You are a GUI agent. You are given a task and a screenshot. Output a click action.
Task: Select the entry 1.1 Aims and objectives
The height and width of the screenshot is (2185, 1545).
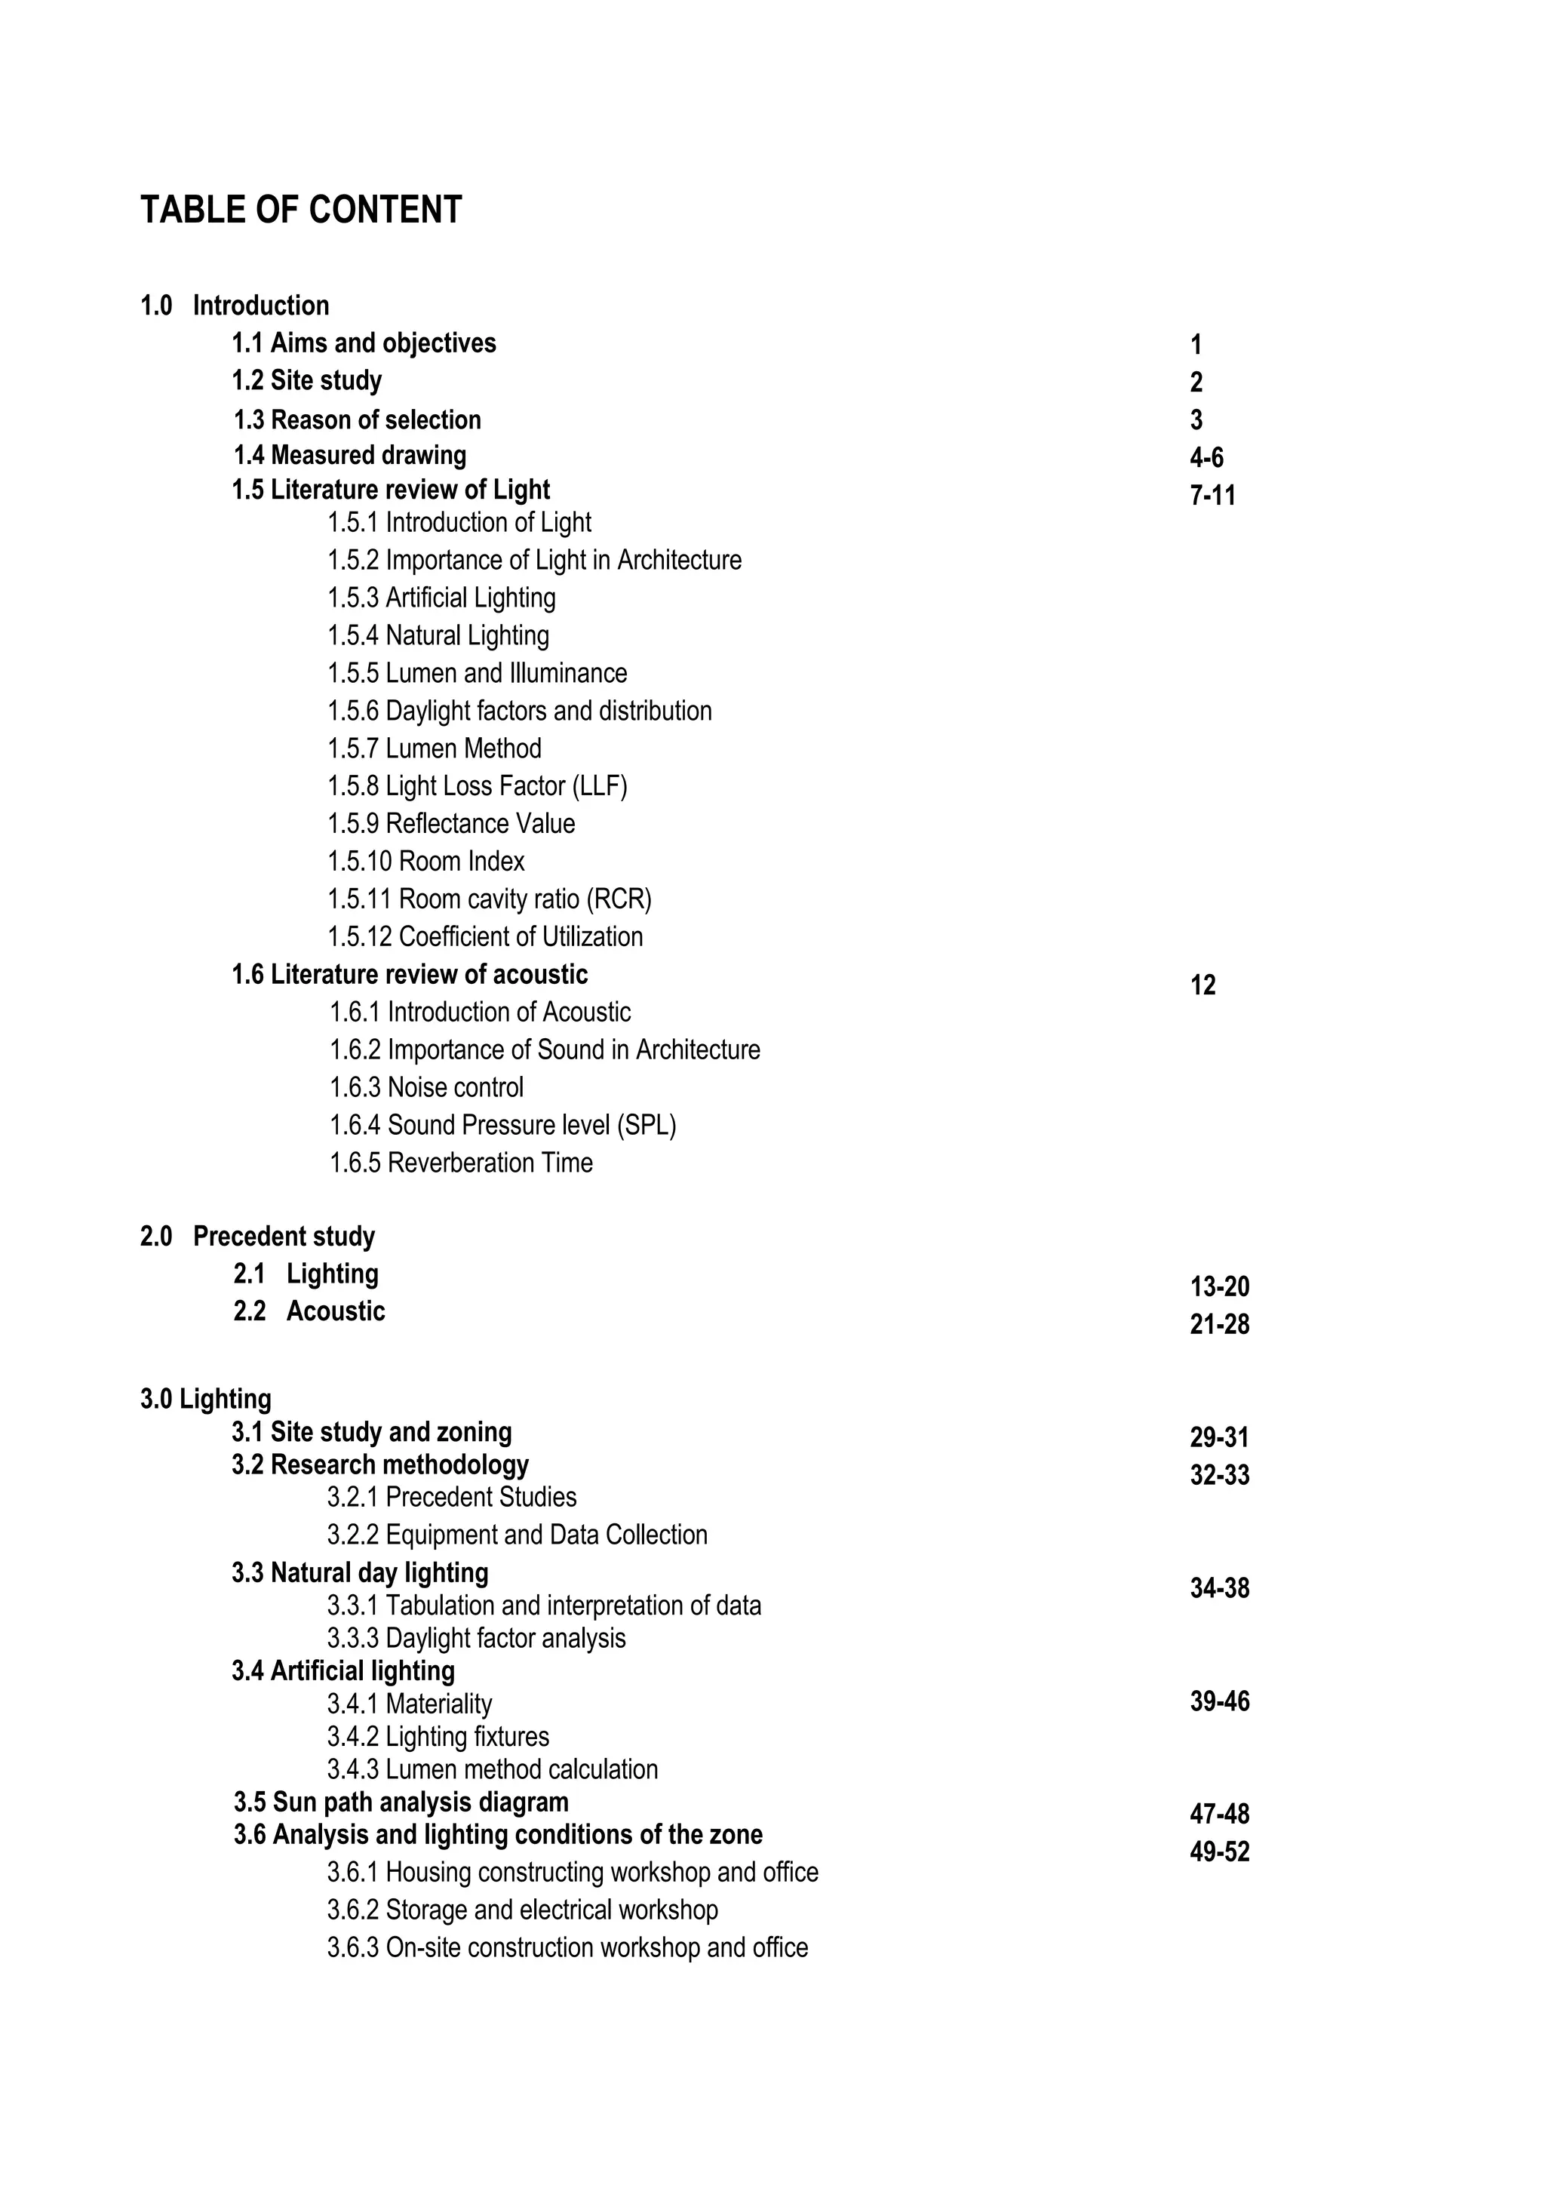point(364,343)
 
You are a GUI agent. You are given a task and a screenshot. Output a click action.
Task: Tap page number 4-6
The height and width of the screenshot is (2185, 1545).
point(1206,458)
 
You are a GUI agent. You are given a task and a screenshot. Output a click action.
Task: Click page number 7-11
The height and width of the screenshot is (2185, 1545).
point(1212,495)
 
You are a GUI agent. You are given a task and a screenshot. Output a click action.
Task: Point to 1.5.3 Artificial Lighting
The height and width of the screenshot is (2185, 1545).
point(441,598)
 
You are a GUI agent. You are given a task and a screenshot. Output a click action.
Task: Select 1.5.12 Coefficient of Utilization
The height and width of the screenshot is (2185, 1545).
point(485,936)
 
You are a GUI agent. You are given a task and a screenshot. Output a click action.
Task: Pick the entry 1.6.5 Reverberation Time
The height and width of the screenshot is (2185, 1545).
point(462,1162)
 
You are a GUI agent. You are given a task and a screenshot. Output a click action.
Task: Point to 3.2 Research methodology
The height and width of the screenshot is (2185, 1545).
point(380,1464)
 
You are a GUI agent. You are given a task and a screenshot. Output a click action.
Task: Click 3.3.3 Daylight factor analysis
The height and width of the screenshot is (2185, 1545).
point(477,1638)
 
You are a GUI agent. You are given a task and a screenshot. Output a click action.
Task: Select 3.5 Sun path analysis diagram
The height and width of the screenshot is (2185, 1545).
point(401,1802)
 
